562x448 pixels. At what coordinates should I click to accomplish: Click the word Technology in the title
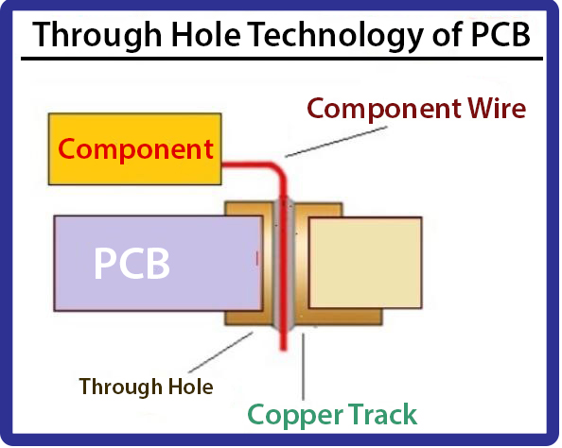click(336, 36)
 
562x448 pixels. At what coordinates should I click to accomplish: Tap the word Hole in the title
click(206, 34)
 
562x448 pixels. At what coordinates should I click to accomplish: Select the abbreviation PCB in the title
click(501, 34)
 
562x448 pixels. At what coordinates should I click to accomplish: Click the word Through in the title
click(97, 36)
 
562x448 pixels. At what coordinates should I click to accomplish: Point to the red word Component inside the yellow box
click(135, 149)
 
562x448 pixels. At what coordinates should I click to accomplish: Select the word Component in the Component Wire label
click(384, 110)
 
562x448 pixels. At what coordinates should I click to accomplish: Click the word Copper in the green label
click(295, 416)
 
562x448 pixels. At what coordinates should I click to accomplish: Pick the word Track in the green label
click(382, 414)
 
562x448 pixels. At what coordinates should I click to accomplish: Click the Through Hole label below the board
click(147, 388)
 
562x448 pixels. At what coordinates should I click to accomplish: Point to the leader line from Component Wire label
click(336, 142)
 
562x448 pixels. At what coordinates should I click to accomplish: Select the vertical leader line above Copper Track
click(303, 367)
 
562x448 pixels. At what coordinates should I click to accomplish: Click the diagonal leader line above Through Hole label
click(220, 353)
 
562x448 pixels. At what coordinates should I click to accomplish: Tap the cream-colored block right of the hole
click(365, 263)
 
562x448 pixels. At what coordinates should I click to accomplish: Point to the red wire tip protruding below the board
click(284, 347)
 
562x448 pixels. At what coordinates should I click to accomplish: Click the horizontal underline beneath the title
click(282, 59)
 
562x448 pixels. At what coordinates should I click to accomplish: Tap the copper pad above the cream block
click(318, 210)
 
